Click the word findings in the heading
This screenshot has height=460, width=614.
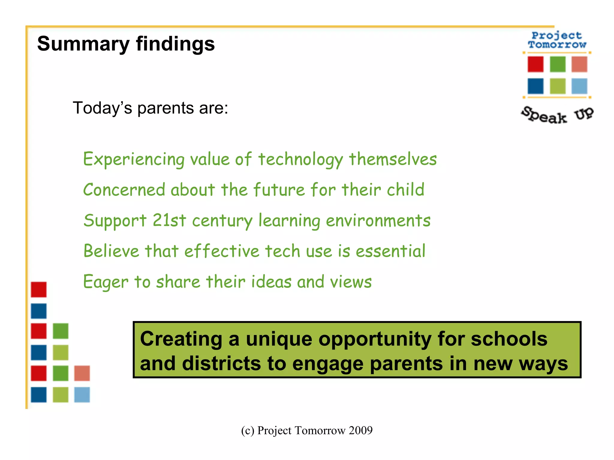[175, 44]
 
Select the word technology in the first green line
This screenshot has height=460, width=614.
[301, 159]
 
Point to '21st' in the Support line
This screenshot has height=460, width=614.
[169, 221]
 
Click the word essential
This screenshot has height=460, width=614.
[390, 251]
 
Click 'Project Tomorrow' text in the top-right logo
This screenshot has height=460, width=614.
[557, 40]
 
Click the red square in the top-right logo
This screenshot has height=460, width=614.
[535, 64]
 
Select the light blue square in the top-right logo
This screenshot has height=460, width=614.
[579, 86]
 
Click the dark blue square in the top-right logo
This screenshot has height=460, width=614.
[535, 86]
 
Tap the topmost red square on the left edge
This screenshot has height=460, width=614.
[39, 290]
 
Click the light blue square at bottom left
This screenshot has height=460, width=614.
[82, 395]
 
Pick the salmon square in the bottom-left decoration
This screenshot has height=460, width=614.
[82, 373]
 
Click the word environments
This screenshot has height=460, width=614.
[378, 221]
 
